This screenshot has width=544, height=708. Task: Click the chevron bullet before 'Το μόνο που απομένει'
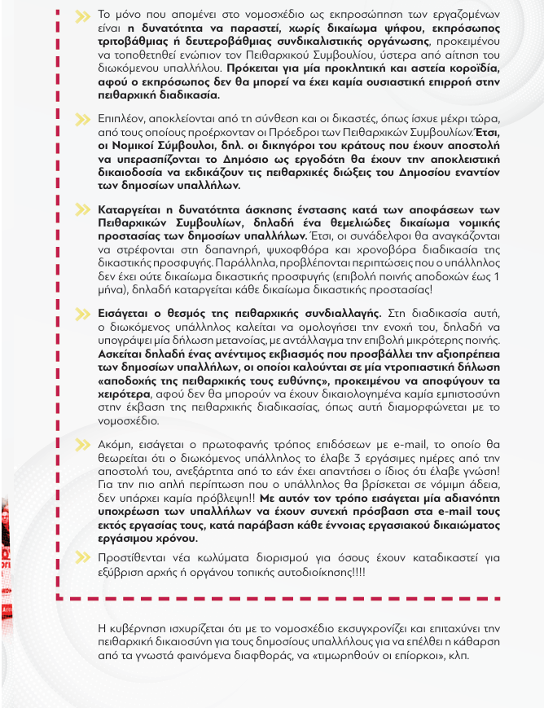point(82,16)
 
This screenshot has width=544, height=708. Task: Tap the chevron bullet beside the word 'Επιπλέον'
point(82,117)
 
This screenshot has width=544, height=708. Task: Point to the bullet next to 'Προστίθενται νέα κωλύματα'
point(82,557)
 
